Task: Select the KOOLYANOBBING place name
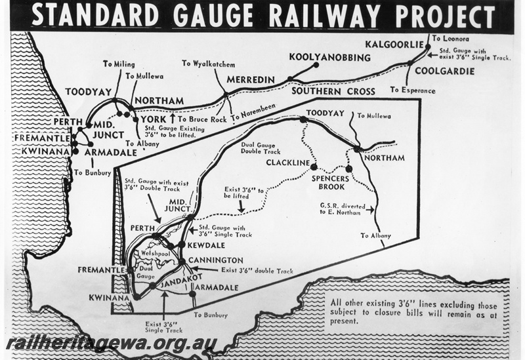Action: coord(329,58)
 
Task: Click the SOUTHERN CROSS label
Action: coord(333,91)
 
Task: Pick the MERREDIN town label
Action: coord(250,79)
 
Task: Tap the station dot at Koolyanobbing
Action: coord(316,65)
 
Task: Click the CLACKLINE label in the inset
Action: coord(288,162)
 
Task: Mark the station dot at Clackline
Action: coord(314,167)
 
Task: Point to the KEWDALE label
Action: coord(206,245)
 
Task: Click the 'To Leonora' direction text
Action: coord(450,39)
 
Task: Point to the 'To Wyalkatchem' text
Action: coord(209,64)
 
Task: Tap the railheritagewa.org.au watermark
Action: coord(112,344)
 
